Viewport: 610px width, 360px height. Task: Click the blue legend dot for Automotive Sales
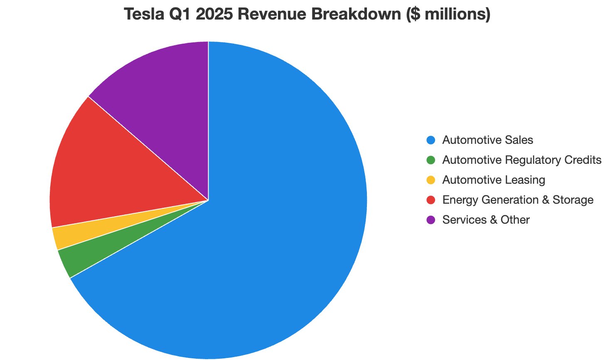[x=431, y=140]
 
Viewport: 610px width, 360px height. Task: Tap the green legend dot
[x=431, y=160]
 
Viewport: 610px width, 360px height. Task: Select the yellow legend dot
[x=431, y=180]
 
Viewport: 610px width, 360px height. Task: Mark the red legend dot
[x=431, y=200]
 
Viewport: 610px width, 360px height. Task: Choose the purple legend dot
[x=431, y=220]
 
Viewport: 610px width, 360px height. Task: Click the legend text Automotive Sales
[x=487, y=140]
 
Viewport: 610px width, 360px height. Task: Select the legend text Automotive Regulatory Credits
[x=521, y=160]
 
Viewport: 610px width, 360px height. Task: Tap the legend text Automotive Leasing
[x=493, y=180]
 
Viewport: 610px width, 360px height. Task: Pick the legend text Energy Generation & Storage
[x=517, y=200]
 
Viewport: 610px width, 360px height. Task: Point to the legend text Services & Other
[x=486, y=220]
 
